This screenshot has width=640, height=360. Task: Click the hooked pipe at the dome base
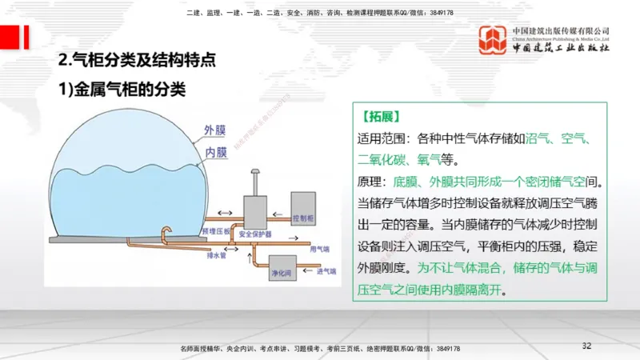coord(166,233)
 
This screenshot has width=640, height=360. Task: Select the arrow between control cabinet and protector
coord(280,214)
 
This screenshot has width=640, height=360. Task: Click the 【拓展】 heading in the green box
coord(380,116)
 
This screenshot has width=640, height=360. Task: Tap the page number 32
coord(586,346)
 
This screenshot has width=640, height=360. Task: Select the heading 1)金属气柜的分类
coord(123,90)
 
